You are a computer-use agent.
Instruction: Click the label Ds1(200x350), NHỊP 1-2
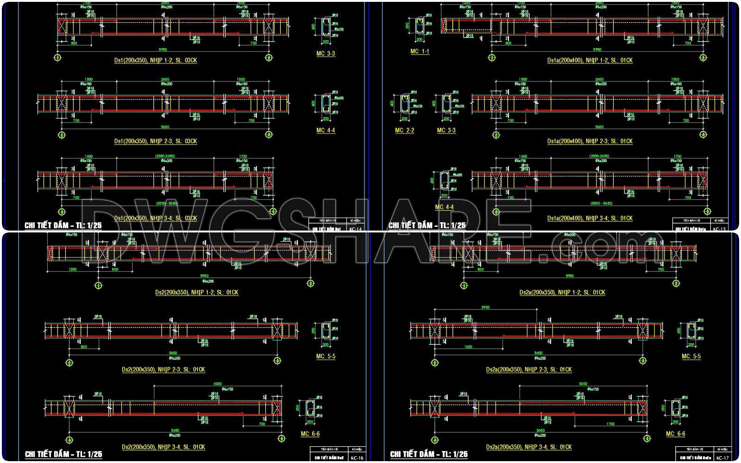point(155,60)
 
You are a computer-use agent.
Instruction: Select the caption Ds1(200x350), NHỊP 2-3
point(155,141)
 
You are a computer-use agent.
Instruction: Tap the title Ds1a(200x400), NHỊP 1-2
point(590,60)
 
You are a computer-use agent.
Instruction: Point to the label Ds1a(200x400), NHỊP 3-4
point(590,218)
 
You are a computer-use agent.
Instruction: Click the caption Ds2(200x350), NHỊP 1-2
point(197,293)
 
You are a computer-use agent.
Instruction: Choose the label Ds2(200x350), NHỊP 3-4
point(163,447)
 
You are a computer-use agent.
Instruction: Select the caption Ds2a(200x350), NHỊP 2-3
point(528,370)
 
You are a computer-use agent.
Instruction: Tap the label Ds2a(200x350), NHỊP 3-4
point(528,447)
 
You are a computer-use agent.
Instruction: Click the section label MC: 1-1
point(420,51)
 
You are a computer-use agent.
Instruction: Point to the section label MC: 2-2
point(404,131)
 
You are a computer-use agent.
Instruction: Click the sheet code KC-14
point(356,229)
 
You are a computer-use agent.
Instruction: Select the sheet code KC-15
point(720,229)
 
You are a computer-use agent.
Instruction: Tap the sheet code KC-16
point(357,458)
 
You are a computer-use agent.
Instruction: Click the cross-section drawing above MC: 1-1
point(420,26)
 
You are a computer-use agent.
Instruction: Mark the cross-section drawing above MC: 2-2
point(404,106)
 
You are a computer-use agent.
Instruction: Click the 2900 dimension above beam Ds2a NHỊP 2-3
point(485,307)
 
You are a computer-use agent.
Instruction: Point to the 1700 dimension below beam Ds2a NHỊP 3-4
point(610,424)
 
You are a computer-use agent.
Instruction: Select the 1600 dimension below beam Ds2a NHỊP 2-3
point(468,347)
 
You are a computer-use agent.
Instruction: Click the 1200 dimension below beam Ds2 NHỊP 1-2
point(72,269)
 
